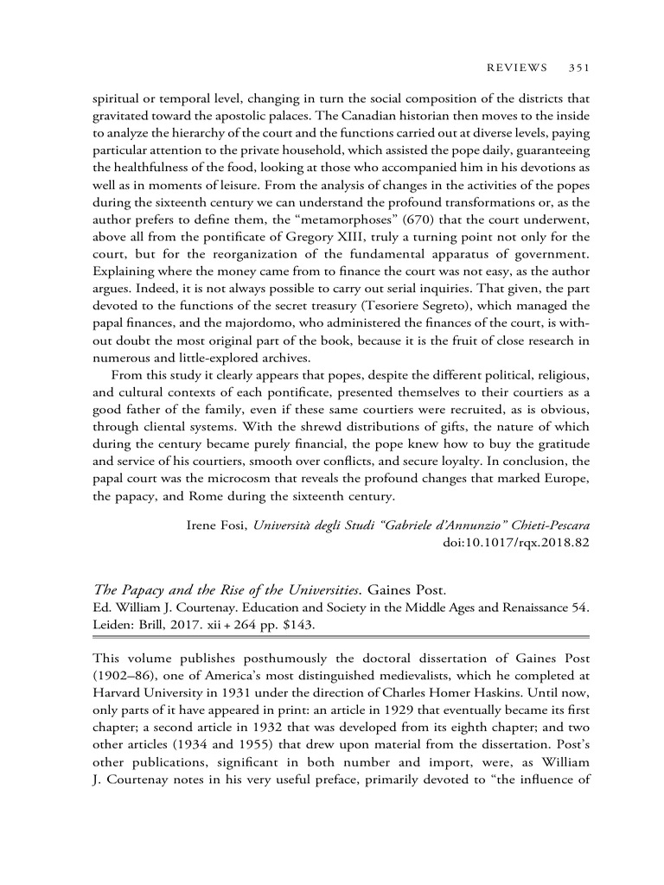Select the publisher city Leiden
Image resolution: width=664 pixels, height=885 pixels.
click(x=112, y=623)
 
